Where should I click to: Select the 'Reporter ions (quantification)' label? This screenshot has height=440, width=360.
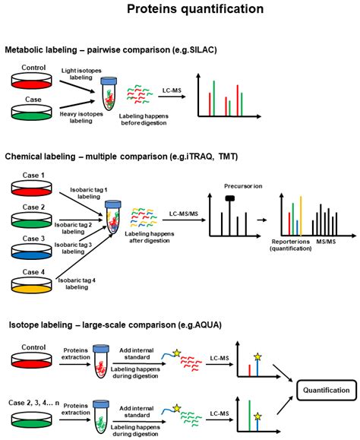pyautogui.click(x=292, y=245)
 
